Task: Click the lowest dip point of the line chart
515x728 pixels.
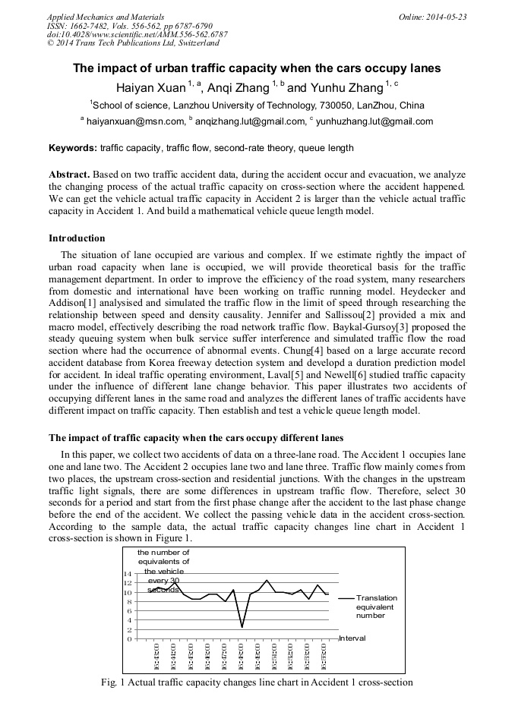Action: pos(242,627)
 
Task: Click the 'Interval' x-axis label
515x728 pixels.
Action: pos(352,638)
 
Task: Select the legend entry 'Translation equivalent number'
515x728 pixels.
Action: pos(375,607)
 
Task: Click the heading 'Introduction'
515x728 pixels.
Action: pos(77,238)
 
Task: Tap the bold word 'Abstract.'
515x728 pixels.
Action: pos(70,175)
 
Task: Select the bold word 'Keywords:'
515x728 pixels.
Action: pos(72,148)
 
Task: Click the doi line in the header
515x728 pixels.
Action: pos(137,35)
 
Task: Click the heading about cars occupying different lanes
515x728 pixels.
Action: pos(196,438)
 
